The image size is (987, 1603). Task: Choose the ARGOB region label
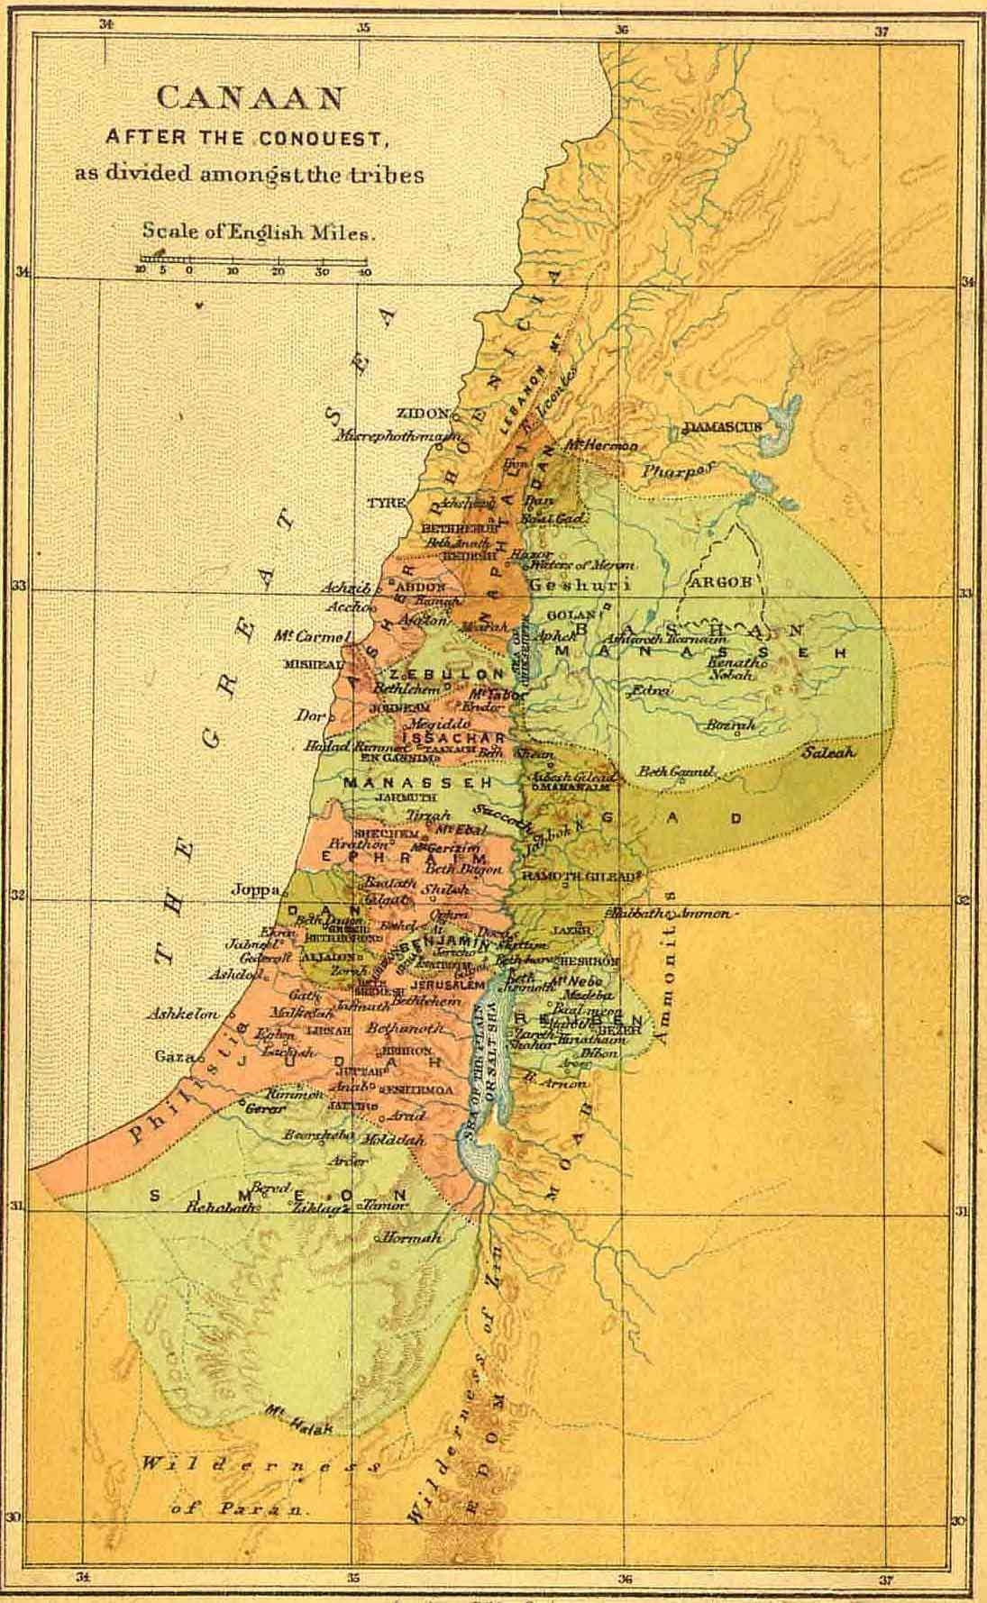[x=719, y=582]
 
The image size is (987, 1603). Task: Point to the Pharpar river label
[x=678, y=469]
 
